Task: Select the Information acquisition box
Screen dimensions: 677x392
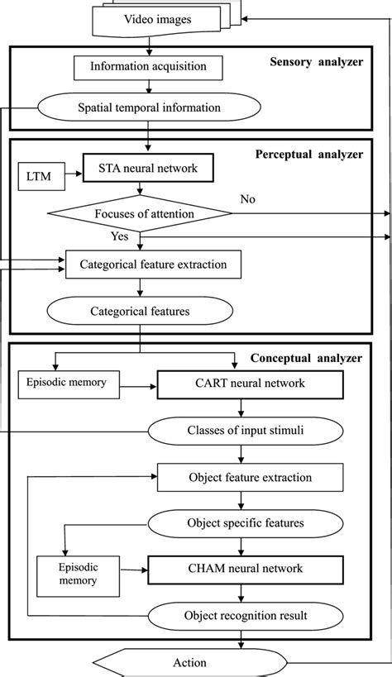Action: [x=141, y=66]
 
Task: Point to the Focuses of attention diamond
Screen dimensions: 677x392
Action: [x=140, y=213]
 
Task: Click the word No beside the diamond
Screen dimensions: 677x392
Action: [x=247, y=199]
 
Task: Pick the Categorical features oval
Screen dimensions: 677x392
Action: [x=140, y=311]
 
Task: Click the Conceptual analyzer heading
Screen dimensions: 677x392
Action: [x=308, y=358]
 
